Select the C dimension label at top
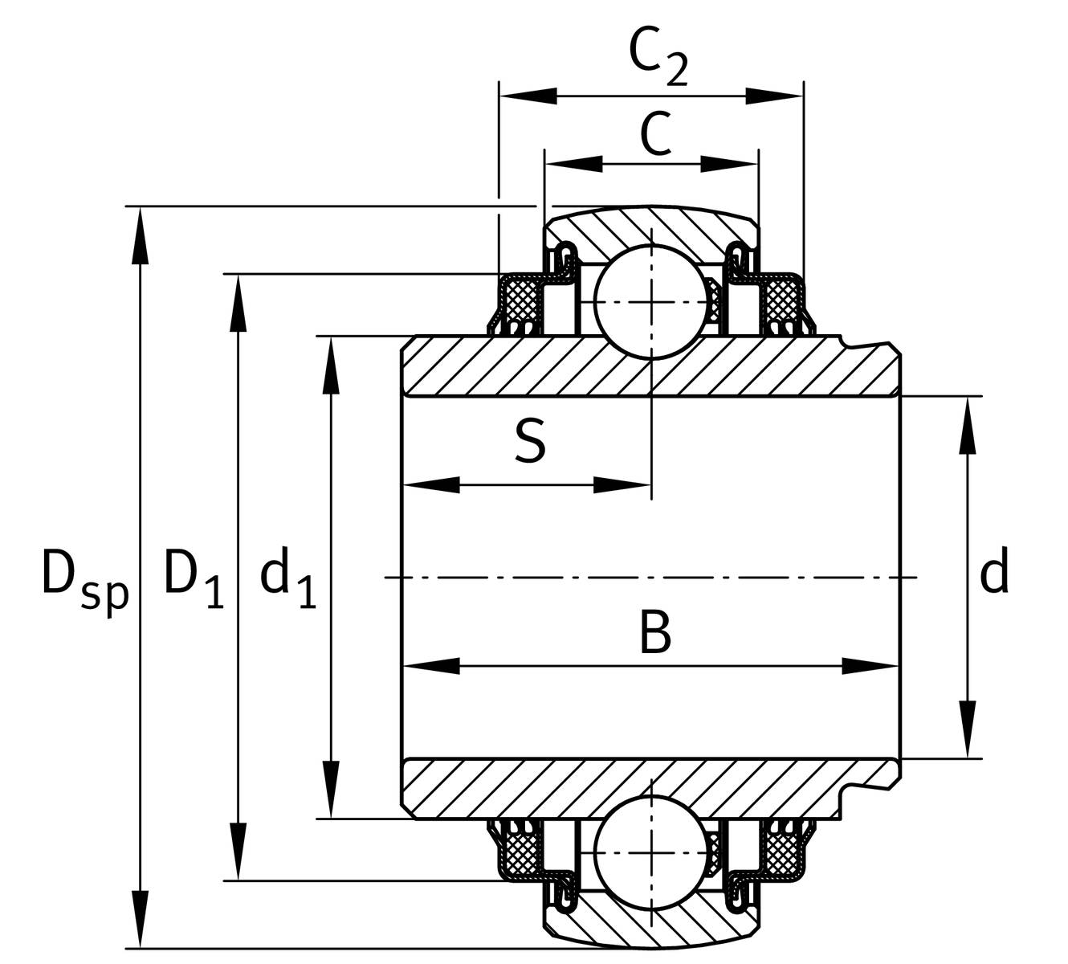(656, 134)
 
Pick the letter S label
(530, 441)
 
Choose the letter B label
(655, 632)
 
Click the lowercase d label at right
(994, 574)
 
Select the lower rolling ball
(651, 853)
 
